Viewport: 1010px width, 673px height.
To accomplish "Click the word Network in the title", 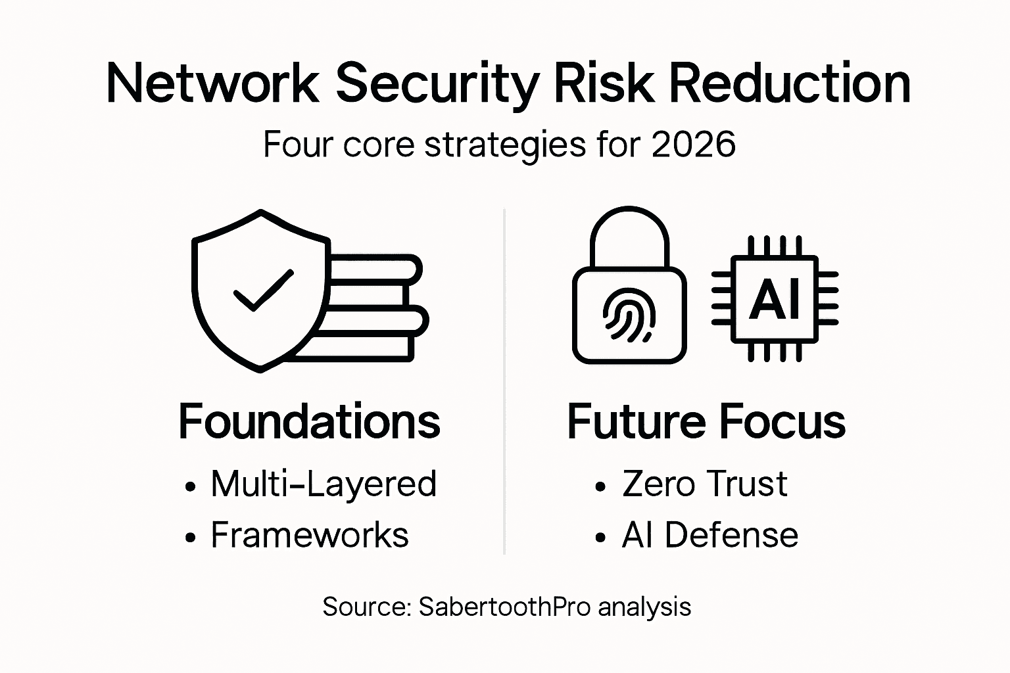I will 212,83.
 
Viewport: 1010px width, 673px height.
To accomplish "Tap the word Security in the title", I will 437,83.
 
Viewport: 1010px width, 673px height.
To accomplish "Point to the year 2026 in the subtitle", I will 693,144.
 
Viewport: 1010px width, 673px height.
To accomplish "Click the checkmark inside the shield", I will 263,290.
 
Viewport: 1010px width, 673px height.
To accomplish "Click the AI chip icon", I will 775,299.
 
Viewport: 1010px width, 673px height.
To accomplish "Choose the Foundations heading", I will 309,421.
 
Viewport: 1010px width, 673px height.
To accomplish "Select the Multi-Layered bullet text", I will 324,484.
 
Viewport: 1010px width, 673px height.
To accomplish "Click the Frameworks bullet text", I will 309,534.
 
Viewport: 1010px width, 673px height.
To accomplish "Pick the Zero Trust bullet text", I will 704,484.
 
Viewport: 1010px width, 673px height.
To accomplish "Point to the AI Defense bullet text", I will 709,534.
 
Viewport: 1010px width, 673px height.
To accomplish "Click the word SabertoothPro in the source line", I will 504,606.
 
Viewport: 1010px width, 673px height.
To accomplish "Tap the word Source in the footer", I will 366,606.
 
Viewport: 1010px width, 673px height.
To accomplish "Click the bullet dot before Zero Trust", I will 600,487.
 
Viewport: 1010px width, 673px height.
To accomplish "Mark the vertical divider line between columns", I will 504,381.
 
